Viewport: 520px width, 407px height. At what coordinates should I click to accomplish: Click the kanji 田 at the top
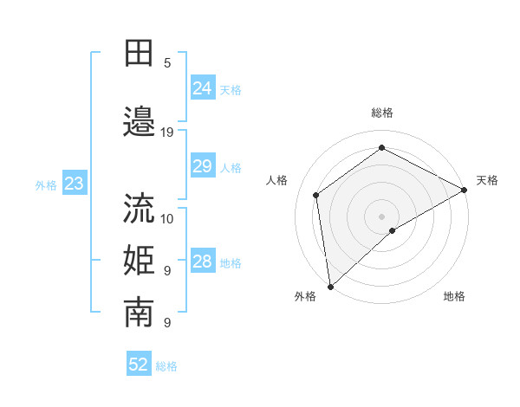click(139, 54)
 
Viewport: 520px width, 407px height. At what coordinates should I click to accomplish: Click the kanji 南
click(139, 313)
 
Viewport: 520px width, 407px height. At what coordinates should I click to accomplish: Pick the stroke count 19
click(167, 132)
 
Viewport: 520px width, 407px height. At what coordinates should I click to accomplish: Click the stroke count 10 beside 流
click(167, 218)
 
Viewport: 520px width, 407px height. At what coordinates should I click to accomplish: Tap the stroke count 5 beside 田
click(167, 63)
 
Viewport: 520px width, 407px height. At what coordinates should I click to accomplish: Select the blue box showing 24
click(202, 88)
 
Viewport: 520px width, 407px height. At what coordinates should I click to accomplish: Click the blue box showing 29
click(202, 166)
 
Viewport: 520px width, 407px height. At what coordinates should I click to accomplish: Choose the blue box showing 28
click(202, 262)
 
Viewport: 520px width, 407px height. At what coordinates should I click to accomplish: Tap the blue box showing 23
click(74, 184)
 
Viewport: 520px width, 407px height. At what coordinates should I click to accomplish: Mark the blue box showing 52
click(139, 365)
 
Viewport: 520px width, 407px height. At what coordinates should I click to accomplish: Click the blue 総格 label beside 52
click(166, 366)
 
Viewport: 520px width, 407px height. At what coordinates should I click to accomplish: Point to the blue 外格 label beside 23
click(46, 184)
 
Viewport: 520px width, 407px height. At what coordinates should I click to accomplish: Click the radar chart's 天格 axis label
click(487, 180)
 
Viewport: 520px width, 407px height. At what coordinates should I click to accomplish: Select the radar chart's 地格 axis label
click(454, 296)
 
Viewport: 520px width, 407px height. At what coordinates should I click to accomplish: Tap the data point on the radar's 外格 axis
click(330, 287)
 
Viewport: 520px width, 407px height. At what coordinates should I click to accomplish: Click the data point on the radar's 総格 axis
click(381, 147)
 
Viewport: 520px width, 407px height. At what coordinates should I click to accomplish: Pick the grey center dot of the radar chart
click(381, 216)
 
